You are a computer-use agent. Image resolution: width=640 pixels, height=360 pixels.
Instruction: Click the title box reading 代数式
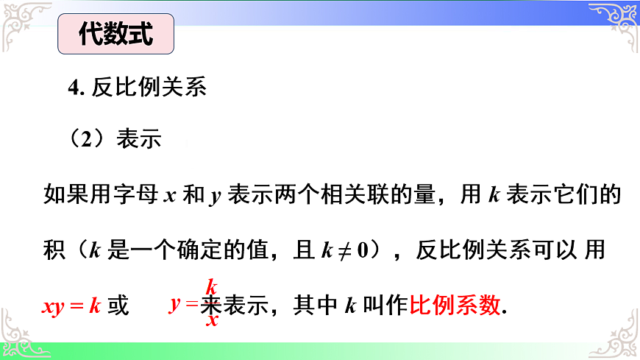tap(116, 35)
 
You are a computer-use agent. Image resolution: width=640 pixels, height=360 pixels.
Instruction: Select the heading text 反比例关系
tap(149, 88)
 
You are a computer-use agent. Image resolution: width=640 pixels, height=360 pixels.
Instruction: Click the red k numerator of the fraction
tap(211, 286)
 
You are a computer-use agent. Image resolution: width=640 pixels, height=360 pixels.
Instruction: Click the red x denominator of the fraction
tap(212, 321)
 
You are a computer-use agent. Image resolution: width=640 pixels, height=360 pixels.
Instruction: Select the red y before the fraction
tap(174, 303)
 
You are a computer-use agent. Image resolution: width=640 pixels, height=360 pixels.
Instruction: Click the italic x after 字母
tap(168, 197)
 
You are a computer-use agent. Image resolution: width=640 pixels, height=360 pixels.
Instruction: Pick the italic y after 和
tap(215, 197)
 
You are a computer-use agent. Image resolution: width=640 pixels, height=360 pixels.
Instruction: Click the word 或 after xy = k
tap(118, 306)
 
